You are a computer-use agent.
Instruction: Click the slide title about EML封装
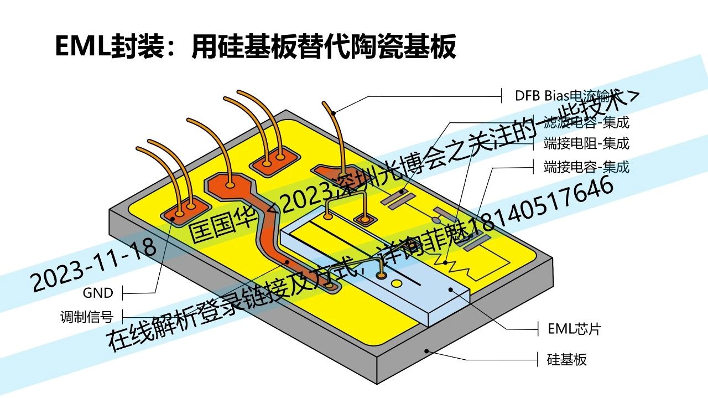click(x=256, y=46)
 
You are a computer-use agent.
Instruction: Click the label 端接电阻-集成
click(x=586, y=143)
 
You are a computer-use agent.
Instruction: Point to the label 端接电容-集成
click(x=586, y=166)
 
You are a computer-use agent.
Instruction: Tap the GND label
click(x=98, y=292)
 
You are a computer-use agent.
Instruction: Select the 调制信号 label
click(x=87, y=317)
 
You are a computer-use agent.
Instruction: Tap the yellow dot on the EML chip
click(x=396, y=284)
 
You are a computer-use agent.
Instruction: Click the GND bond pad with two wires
click(x=182, y=210)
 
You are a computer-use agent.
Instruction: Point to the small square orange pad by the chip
click(x=365, y=220)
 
